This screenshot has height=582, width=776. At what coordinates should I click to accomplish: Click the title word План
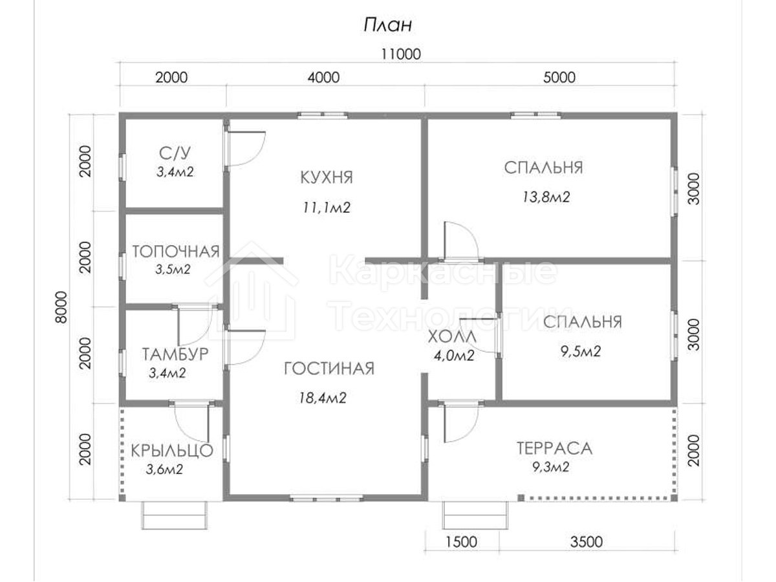tap(388, 25)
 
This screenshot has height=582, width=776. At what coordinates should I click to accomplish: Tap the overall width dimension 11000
tap(401, 54)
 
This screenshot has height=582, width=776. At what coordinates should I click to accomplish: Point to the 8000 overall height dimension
tap(61, 307)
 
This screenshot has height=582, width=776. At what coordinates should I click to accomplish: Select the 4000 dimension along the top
tap(323, 78)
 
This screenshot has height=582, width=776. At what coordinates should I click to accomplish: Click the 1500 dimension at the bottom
tap(461, 542)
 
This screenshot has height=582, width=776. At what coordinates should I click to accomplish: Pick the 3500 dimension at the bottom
tap(586, 542)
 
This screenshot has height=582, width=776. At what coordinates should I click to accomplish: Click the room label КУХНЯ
tap(327, 177)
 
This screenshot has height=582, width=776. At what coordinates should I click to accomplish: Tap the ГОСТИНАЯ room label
tap(329, 369)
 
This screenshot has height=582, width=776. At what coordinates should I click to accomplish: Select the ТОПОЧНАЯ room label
tap(176, 252)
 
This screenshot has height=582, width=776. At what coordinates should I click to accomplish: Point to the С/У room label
tap(175, 153)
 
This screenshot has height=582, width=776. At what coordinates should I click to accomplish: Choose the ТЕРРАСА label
tap(554, 448)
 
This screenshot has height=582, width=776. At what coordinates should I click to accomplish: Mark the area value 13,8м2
tap(546, 197)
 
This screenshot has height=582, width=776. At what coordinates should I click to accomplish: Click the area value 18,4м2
tap(323, 398)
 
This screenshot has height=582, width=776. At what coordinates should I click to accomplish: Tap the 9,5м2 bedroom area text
tap(581, 351)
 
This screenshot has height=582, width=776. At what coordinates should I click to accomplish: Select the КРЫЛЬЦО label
tap(172, 451)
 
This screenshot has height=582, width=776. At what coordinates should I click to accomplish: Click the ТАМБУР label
tap(175, 354)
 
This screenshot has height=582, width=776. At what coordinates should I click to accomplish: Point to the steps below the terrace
tap(475, 515)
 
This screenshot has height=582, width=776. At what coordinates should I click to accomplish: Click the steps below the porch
tap(175, 515)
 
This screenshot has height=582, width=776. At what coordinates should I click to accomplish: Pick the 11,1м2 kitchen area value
tap(327, 208)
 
